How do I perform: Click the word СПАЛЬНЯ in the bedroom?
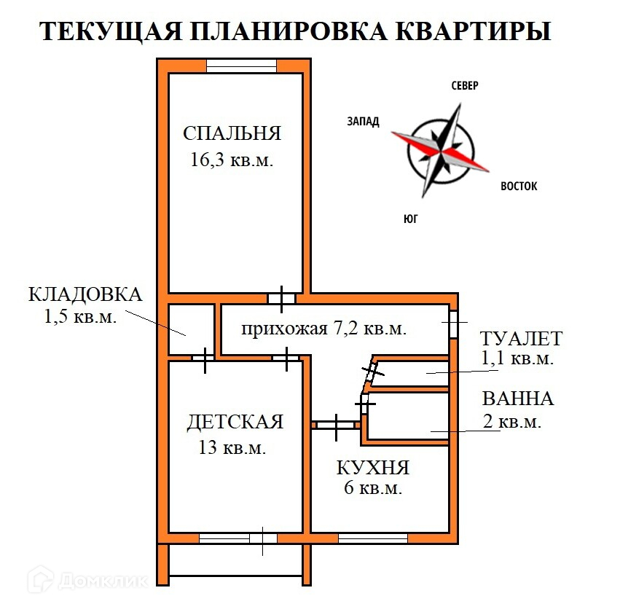[x=232, y=133]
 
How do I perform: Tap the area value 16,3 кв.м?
[x=232, y=160]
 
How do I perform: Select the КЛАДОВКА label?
[x=85, y=294]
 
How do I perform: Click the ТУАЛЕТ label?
[x=521, y=338]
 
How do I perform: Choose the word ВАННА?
[x=517, y=399]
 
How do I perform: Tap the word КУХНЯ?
[x=373, y=467]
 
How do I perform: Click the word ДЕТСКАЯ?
[x=235, y=422]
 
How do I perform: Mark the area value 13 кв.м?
[x=232, y=447]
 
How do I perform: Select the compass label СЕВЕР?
[x=464, y=86]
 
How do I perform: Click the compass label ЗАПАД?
[x=363, y=122]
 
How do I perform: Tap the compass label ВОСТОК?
[x=519, y=187]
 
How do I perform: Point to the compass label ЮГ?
[x=411, y=219]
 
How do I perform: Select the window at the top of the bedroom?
[x=241, y=66]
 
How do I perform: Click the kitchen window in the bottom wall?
[x=372, y=538]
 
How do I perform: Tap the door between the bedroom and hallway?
[x=281, y=298]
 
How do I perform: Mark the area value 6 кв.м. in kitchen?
[x=373, y=489]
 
